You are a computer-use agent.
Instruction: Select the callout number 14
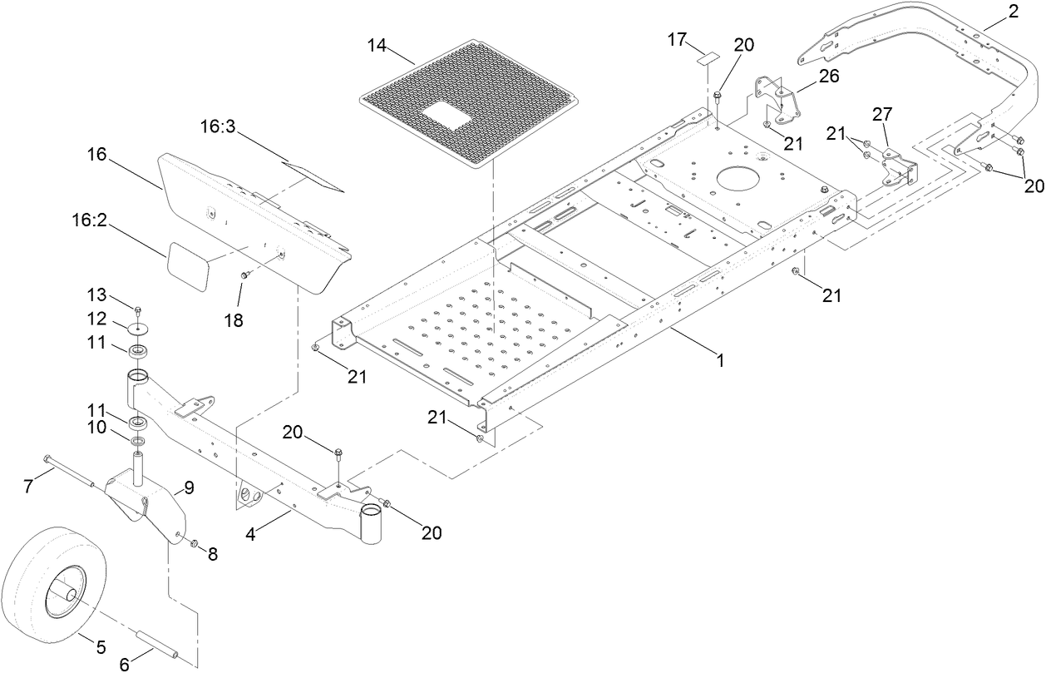point(378,45)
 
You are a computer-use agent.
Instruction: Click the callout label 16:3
point(219,127)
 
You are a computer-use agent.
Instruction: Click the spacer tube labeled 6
point(159,646)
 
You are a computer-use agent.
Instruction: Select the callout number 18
point(234,319)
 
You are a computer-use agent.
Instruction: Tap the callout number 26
point(828,77)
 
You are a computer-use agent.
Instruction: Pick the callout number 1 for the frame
point(721,361)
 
